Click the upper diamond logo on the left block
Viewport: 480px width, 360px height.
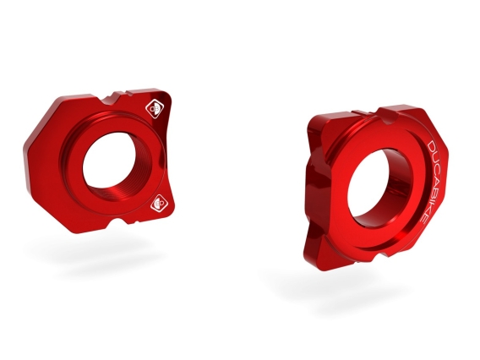point(155,108)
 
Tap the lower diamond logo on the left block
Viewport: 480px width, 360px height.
point(157,204)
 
